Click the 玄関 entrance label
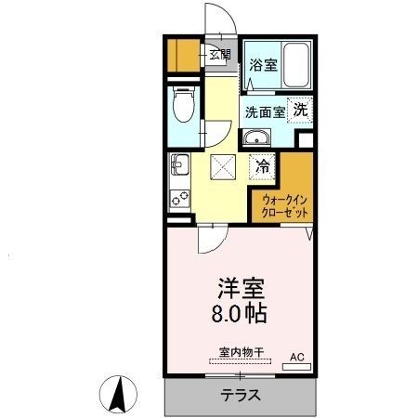click(219, 55)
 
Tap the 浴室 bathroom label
click(263, 65)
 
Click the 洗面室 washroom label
click(265, 112)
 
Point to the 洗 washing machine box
click(301, 109)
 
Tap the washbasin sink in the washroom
click(255, 139)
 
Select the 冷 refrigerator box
click(263, 168)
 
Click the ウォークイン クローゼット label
click(285, 205)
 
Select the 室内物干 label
click(242, 352)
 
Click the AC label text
click(297, 356)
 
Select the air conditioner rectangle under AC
click(296, 367)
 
